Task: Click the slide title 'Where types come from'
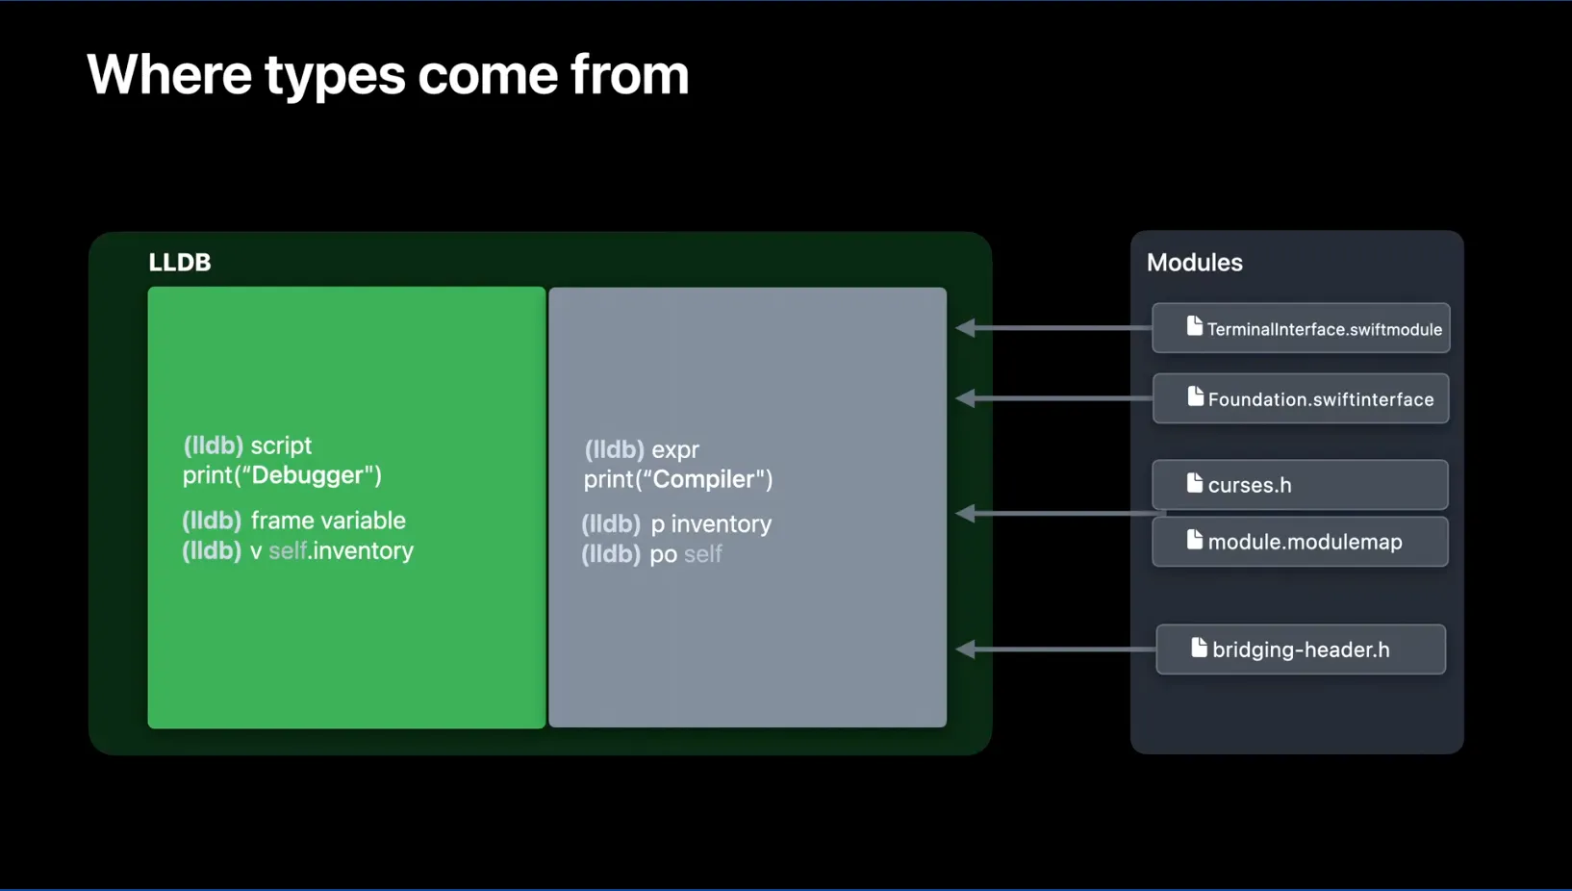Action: click(x=388, y=75)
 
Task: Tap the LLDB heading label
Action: click(x=180, y=263)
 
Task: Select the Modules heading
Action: click(x=1194, y=263)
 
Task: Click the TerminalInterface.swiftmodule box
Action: click(x=1301, y=329)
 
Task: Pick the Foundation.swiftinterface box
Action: click(x=1301, y=399)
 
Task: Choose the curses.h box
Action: click(x=1300, y=485)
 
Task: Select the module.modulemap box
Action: click(x=1300, y=542)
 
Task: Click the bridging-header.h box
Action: click(x=1301, y=649)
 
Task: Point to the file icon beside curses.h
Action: click(x=1195, y=483)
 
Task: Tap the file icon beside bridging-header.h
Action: click(x=1199, y=648)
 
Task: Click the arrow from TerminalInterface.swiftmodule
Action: click(x=1053, y=328)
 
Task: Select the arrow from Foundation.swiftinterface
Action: click(x=1053, y=398)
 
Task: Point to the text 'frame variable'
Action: click(x=328, y=521)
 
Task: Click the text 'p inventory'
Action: click(x=711, y=524)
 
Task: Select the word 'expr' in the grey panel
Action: click(x=675, y=449)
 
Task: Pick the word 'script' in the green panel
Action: click(x=281, y=445)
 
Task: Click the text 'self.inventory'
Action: click(x=341, y=550)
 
